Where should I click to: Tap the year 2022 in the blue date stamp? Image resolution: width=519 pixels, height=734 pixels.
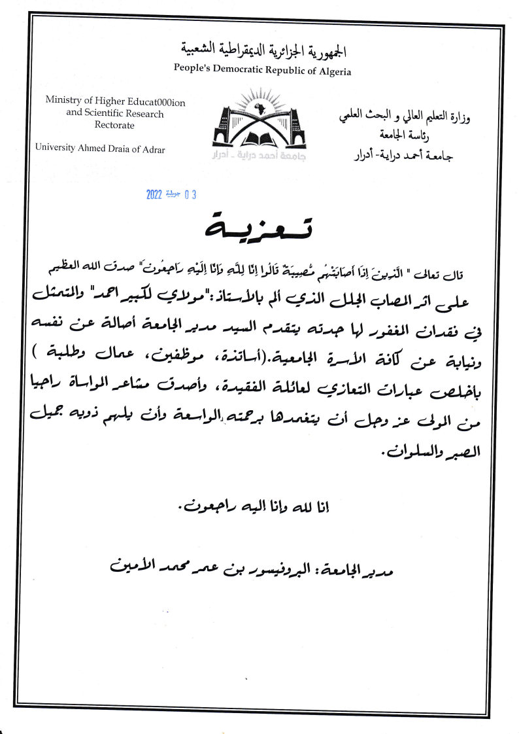[x=154, y=194]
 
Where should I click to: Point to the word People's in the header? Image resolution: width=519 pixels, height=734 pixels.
[x=192, y=69]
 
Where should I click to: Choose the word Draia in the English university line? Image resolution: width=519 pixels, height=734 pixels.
[x=115, y=149]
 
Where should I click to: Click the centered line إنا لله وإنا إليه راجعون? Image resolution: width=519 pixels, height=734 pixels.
[x=260, y=506]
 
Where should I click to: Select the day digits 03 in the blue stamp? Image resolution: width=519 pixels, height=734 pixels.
[x=190, y=194]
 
